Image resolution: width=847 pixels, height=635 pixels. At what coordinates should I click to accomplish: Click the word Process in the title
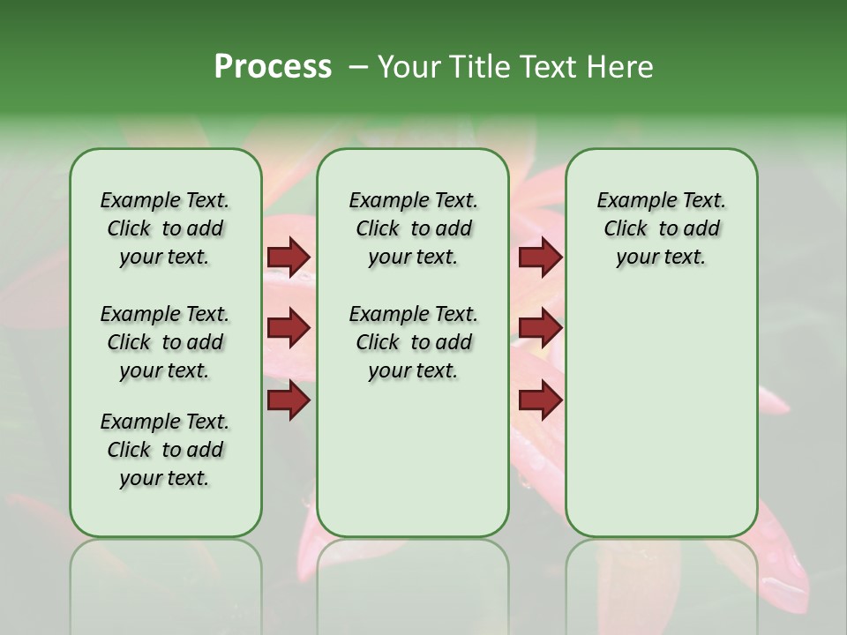pyautogui.click(x=272, y=66)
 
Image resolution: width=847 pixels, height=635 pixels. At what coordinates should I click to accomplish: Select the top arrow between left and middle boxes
pyautogui.click(x=289, y=257)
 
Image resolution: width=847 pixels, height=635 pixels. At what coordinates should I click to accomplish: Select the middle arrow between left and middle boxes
pyautogui.click(x=289, y=328)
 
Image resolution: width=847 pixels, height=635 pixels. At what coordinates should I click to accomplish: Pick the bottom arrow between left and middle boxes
pyautogui.click(x=289, y=400)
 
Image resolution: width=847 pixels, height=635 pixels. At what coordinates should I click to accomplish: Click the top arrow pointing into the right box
pyautogui.click(x=540, y=257)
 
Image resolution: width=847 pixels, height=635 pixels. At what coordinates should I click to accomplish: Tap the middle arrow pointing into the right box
pyautogui.click(x=540, y=328)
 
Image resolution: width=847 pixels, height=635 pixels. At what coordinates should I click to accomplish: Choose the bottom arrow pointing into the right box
pyautogui.click(x=540, y=400)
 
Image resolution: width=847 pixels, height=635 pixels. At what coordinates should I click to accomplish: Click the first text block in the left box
pyautogui.click(x=165, y=228)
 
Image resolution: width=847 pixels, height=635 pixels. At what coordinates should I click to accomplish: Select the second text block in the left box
pyautogui.click(x=165, y=342)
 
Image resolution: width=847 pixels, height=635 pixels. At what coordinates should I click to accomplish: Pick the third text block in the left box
pyautogui.click(x=165, y=450)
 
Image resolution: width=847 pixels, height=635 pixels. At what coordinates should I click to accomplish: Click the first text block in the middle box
pyautogui.click(x=413, y=228)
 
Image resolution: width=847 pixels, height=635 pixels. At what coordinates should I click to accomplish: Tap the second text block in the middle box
pyautogui.click(x=413, y=342)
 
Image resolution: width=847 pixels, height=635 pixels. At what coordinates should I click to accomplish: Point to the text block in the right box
pyautogui.click(x=661, y=228)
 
